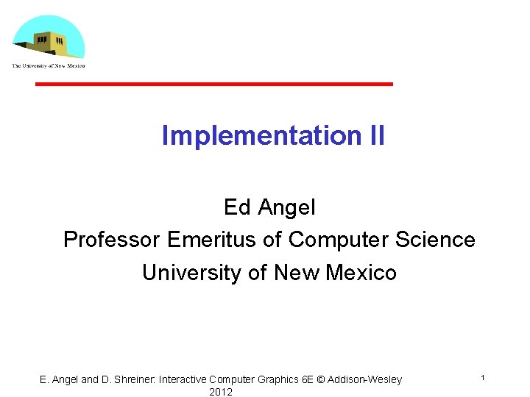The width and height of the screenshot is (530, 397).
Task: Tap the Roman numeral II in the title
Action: [x=372, y=135]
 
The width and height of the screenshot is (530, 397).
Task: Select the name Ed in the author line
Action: [x=237, y=207]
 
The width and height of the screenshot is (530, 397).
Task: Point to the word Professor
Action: [x=112, y=240]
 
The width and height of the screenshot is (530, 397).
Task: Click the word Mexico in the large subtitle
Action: [x=361, y=273]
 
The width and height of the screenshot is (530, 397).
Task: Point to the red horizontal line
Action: [x=214, y=85]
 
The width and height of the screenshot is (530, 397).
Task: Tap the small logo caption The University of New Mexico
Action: [x=48, y=66]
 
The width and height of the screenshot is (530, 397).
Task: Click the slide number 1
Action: [x=482, y=377]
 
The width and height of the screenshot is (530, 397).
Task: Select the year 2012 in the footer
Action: [x=221, y=392]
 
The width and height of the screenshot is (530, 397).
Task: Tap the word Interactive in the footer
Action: [x=183, y=379]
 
